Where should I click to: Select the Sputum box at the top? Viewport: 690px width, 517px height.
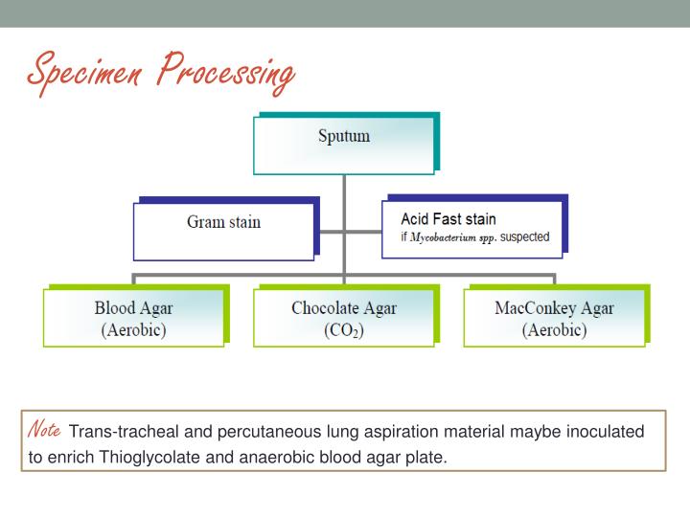pyautogui.click(x=343, y=143)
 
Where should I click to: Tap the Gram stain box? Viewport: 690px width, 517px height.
pyautogui.click(x=222, y=222)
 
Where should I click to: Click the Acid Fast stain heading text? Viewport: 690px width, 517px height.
pyautogui.click(x=448, y=219)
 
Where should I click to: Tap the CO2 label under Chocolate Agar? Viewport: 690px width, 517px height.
pyautogui.click(x=343, y=331)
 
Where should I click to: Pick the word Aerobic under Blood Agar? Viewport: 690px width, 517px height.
pyautogui.click(x=133, y=331)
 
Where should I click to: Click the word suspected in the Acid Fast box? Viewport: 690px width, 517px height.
pyautogui.click(x=525, y=237)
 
